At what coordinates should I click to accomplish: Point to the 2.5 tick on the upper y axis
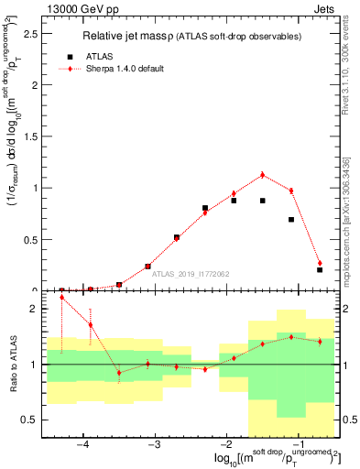click(38, 34)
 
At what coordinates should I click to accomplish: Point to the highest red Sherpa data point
click(263, 175)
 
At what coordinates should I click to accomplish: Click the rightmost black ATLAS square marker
click(320, 269)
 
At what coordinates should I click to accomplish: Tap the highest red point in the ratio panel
click(61, 298)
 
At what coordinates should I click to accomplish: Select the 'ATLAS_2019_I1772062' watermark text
click(191, 273)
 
